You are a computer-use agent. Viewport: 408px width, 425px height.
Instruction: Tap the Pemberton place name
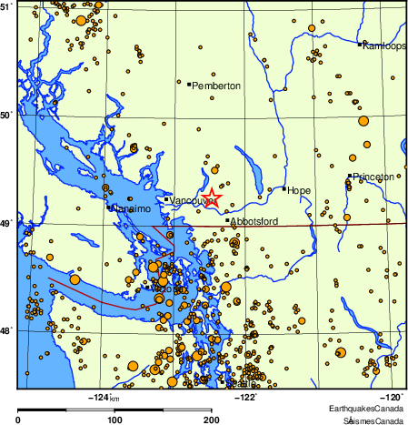pos(216,86)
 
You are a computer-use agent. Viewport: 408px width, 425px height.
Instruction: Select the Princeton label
pos(373,177)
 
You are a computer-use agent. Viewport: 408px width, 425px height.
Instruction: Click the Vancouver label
pos(189,200)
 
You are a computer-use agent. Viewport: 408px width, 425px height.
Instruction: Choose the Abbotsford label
pos(254,221)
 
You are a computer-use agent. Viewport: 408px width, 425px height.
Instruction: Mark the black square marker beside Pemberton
pos(189,85)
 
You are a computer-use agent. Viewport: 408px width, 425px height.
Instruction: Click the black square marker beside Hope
pos(284,188)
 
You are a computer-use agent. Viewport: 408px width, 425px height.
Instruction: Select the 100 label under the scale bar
pos(115,420)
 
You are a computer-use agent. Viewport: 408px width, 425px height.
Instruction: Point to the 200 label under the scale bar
pos(211,420)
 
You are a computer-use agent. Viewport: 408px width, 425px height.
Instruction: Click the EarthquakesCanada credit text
pos(373,411)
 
